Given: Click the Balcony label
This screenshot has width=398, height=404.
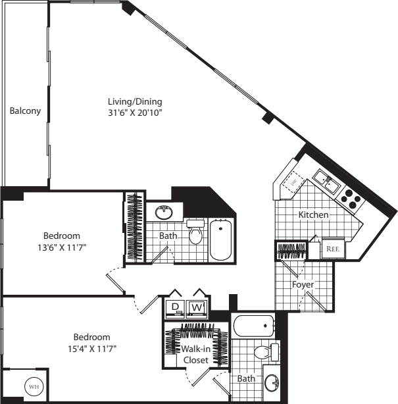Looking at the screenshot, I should pyautogui.click(x=25, y=111).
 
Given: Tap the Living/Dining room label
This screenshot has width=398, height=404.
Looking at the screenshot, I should pyautogui.click(x=135, y=101).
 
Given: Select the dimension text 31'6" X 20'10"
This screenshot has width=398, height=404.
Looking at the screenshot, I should pyautogui.click(x=135, y=113).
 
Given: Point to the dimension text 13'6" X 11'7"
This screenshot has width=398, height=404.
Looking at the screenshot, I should pyautogui.click(x=62, y=247).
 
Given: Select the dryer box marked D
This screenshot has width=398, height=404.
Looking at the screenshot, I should pyautogui.click(x=176, y=307).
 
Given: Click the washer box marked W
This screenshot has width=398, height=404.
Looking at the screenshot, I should pyautogui.click(x=197, y=307).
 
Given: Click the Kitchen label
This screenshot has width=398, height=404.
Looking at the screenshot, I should pyautogui.click(x=313, y=215).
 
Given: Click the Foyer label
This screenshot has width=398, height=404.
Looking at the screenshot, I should pyautogui.click(x=303, y=285).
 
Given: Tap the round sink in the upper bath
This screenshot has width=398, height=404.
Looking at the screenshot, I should pyautogui.click(x=163, y=212).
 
